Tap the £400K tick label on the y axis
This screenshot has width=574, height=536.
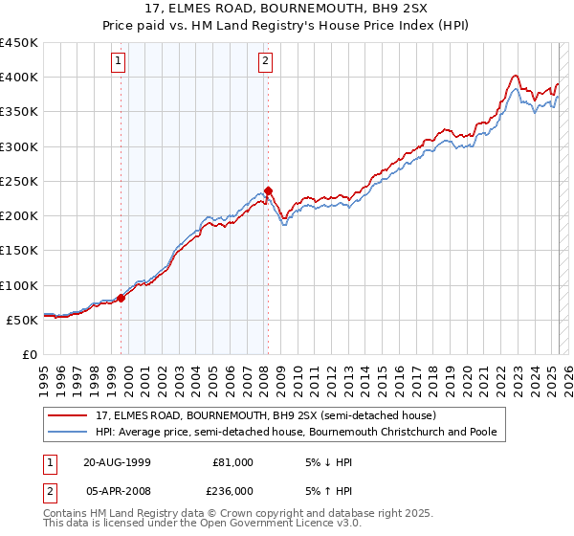tap(18, 78)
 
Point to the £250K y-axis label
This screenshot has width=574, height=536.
tap(18, 181)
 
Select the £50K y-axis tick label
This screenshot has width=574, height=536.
tap(22, 320)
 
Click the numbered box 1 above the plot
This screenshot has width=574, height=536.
tap(119, 62)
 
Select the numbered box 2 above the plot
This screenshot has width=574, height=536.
tap(264, 62)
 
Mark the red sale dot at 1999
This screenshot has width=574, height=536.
tap(121, 298)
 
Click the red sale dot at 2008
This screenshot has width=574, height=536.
tap(268, 190)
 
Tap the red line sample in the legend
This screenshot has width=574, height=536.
tap(67, 415)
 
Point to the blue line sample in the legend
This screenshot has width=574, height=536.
tap(67, 432)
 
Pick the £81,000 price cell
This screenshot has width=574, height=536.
tap(232, 461)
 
